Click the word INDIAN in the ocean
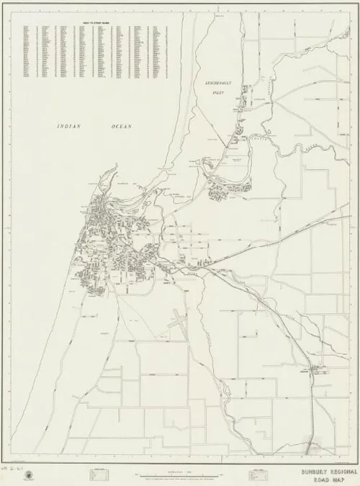point(69,127)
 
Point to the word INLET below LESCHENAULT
point(214,93)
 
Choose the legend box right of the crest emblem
point(93,474)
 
